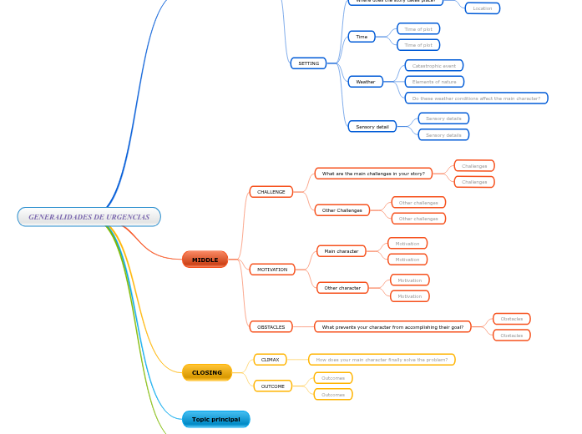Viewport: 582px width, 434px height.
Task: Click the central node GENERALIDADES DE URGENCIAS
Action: [x=89, y=217]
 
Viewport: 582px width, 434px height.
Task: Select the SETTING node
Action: [x=308, y=63]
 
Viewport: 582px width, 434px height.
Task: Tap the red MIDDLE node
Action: [x=205, y=260]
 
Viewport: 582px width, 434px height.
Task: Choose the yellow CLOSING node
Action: [x=207, y=372]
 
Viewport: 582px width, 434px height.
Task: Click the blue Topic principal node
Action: [x=215, y=419]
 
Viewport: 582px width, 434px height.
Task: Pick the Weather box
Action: [x=366, y=82]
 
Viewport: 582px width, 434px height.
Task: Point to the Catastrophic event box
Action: [x=433, y=65]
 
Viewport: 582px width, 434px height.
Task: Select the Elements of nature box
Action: [x=434, y=82]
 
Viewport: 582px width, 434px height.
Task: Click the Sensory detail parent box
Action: [x=372, y=127]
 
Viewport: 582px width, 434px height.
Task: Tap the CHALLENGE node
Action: [x=271, y=192]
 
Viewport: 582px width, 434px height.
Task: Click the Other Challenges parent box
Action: [x=342, y=210]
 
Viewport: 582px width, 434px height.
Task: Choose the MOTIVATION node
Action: [x=272, y=270]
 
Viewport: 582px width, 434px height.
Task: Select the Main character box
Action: [x=341, y=251]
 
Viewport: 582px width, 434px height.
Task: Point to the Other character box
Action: [x=342, y=288]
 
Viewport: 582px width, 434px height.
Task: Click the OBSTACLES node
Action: [x=271, y=327]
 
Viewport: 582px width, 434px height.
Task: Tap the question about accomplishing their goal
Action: [x=392, y=327]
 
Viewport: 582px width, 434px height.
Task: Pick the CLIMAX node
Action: [x=270, y=360]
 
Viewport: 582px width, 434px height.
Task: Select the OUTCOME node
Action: [x=272, y=386]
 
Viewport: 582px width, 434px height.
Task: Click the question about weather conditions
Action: [x=476, y=98]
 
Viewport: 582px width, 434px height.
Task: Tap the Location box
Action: [x=483, y=8]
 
